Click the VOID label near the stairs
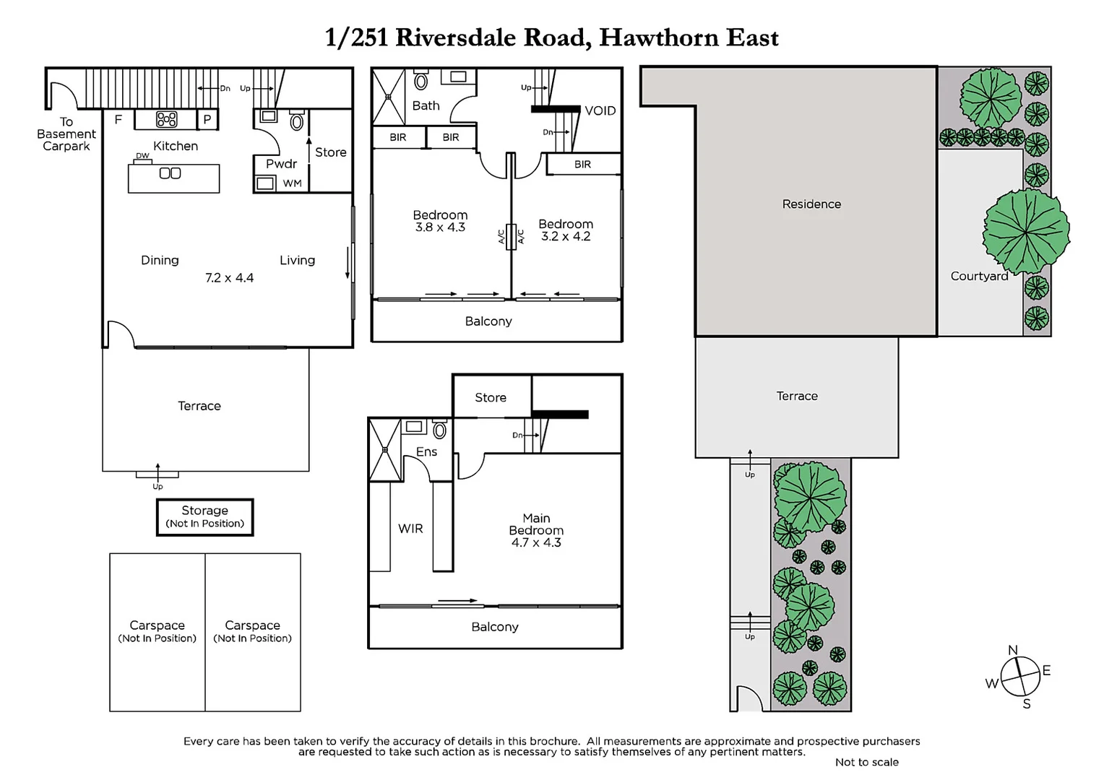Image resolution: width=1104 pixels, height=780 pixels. point(600,110)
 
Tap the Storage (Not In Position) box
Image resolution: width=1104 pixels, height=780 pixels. point(205,517)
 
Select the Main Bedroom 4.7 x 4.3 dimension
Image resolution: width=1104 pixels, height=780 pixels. point(536,542)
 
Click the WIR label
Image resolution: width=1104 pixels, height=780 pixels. point(410,529)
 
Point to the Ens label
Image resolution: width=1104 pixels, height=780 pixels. point(426,452)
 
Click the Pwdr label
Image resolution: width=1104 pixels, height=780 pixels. point(281,164)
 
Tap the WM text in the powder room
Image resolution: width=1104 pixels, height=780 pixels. point(292,183)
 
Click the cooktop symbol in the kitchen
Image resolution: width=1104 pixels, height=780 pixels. point(167,120)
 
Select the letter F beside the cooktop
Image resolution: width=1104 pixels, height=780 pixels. point(118,120)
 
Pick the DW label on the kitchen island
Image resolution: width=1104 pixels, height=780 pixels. point(142,156)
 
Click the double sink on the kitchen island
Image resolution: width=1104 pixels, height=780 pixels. point(170,173)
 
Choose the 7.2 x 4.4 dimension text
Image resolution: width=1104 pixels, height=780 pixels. point(229,278)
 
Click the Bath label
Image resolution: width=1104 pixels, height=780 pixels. point(426,106)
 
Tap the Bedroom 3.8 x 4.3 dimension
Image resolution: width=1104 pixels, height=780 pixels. point(440,227)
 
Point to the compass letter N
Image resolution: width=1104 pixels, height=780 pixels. point(1013,650)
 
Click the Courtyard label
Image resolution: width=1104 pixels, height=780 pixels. point(979,276)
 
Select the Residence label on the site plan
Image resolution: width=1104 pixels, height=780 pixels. point(811,204)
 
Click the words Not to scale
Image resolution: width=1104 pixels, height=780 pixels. point(866,762)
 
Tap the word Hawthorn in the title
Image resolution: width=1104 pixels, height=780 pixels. point(658,38)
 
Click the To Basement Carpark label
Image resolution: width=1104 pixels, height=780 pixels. point(66,134)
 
